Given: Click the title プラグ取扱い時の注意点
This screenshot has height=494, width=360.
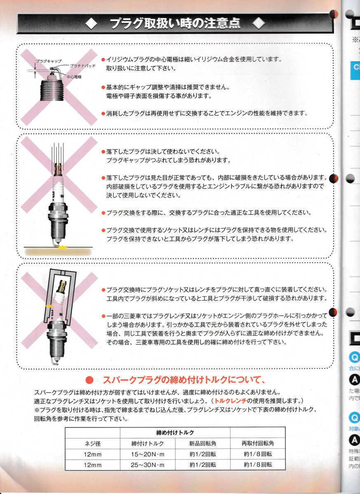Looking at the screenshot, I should (x=175, y=24).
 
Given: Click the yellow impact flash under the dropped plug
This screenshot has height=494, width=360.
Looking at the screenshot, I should (x=63, y=247).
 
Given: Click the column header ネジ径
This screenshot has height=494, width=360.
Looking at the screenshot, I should (x=92, y=443).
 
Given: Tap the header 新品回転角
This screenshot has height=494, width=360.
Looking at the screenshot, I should (x=203, y=443).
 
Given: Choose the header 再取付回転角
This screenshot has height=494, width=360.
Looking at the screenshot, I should (x=257, y=443).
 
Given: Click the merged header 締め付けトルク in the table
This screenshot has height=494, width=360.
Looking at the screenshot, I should (x=175, y=433).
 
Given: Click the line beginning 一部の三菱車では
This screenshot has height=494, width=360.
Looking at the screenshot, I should (x=214, y=316).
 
